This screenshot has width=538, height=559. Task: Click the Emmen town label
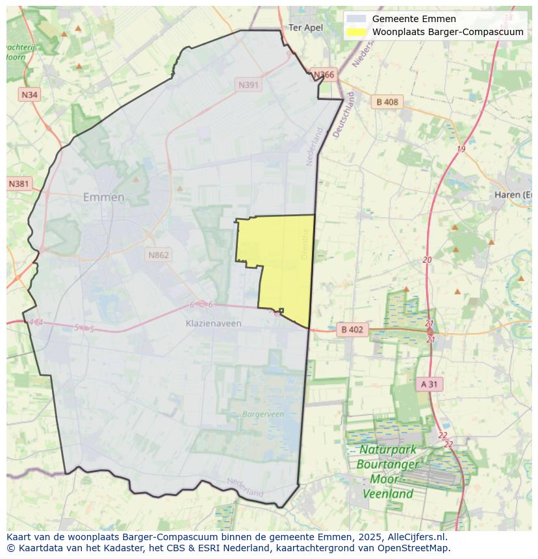tap(103, 197)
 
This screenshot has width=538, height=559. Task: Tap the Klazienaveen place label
tap(213, 323)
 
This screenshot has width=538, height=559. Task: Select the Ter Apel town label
tap(305, 27)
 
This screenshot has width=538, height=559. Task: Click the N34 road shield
tap(29, 95)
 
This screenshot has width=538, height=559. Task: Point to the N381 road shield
tap(19, 184)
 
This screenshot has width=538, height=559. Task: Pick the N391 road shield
tap(248, 85)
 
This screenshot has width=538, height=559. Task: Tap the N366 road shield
tap(324, 75)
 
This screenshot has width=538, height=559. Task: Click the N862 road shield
tap(158, 255)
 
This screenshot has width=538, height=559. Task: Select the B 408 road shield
tap(387, 102)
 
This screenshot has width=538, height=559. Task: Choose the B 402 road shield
tap(352, 330)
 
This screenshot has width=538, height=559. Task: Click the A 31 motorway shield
tap(429, 384)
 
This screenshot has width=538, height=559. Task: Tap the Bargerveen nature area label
tap(263, 414)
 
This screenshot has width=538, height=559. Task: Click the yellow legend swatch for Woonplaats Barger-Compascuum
tap(356, 32)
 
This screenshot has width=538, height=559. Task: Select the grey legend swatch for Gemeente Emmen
tap(356, 19)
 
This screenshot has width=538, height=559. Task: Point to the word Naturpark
tap(388, 450)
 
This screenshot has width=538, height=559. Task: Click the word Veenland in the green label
tap(387, 493)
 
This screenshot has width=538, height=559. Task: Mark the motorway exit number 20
tap(427, 260)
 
